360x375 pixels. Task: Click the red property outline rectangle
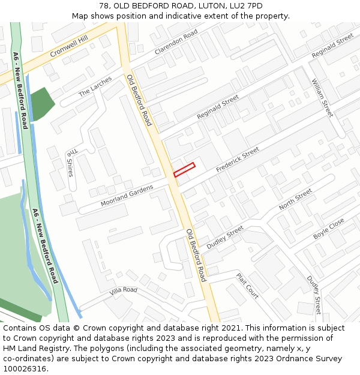click(x=184, y=170)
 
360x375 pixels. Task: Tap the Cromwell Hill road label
click(x=68, y=45)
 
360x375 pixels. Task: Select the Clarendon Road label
click(x=176, y=42)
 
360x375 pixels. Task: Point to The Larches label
click(x=95, y=86)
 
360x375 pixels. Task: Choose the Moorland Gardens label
click(x=127, y=195)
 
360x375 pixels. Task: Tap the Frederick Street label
click(x=238, y=160)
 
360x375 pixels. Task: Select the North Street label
click(x=295, y=199)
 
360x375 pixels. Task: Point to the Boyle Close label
click(x=329, y=229)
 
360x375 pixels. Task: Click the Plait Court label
click(x=247, y=286)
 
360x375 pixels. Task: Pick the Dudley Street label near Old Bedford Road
click(x=225, y=238)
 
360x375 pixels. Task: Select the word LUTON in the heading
click(x=203, y=5)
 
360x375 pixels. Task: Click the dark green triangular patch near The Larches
click(x=41, y=103)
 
